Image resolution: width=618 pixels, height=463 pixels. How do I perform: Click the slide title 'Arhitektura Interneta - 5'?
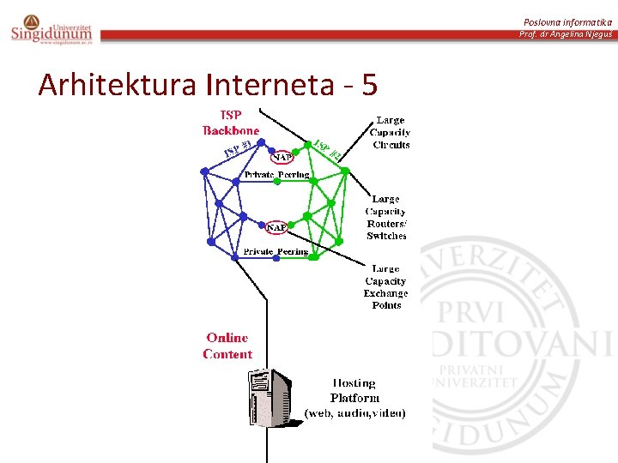tap(207, 85)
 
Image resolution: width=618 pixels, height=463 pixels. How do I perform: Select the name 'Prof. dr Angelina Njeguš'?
tap(566, 34)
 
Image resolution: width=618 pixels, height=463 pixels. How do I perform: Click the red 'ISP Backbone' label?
tap(231, 123)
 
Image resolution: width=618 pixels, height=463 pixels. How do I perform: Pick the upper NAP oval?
tap(282, 157)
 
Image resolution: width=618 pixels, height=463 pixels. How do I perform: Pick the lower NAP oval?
tap(276, 227)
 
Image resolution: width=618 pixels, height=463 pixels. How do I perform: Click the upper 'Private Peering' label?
tap(276, 175)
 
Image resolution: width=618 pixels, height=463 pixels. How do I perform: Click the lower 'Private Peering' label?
tap(276, 252)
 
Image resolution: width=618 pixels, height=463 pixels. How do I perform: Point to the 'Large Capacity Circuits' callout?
tap(391, 133)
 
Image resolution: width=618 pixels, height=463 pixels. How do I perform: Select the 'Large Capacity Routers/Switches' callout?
tap(386, 217)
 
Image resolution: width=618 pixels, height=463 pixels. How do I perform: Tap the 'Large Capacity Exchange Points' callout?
tap(386, 286)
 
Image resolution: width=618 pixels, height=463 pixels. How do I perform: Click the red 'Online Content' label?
tap(227, 346)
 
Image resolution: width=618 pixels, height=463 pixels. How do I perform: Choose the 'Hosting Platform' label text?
tap(354, 390)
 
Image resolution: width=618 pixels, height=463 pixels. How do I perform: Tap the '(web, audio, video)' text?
tap(355, 413)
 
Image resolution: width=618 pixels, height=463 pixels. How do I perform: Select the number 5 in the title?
tap(370, 85)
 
